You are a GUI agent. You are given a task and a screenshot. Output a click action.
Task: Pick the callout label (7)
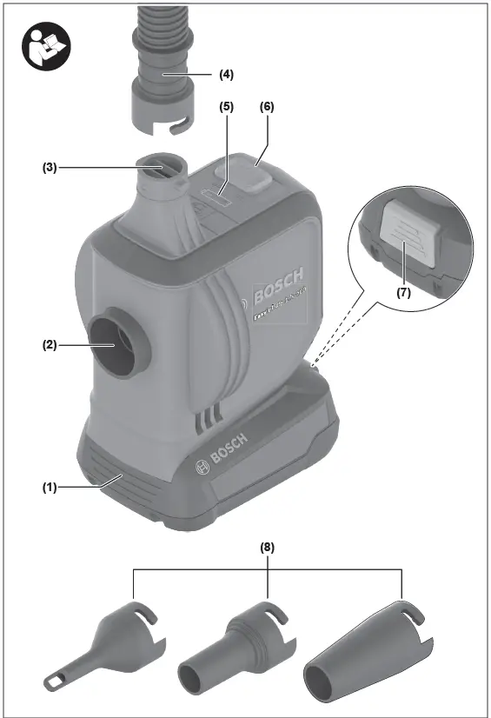coord(402,293)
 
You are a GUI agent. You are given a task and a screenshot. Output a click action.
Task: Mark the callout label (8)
coord(267,548)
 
